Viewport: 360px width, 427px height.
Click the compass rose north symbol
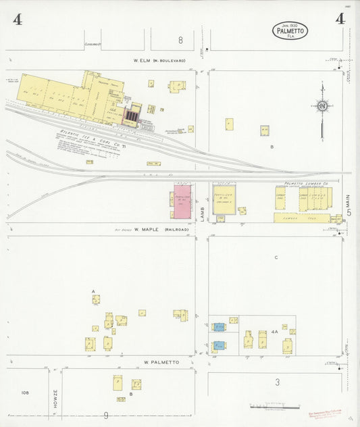coord(323,106)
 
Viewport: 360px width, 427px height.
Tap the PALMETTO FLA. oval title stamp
coord(290,30)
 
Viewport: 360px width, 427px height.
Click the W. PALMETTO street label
coord(161,362)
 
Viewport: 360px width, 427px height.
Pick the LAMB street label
coord(202,211)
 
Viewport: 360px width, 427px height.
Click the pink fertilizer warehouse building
coord(182,201)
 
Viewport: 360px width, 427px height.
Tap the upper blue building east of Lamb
coord(219,327)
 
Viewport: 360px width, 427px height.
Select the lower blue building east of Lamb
coord(219,345)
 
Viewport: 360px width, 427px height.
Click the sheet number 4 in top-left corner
coord(17,20)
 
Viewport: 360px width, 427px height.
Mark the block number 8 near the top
coord(180,40)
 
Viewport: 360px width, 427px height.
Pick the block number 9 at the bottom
coord(105,416)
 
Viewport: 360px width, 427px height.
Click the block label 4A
coord(274,332)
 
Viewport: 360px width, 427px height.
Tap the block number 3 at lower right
coord(277,382)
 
